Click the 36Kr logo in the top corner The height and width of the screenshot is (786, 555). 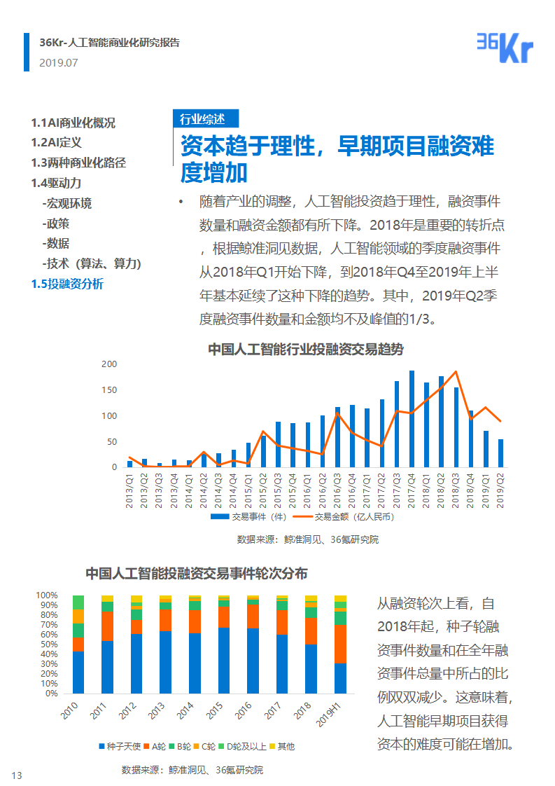(505, 47)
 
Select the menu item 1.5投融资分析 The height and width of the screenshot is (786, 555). (66, 284)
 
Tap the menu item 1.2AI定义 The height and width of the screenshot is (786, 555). (56, 142)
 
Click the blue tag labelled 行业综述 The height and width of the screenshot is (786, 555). (206, 118)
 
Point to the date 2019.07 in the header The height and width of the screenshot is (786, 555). (59, 62)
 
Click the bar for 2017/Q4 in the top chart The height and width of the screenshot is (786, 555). (412, 419)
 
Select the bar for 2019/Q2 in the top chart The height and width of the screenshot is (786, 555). (500, 453)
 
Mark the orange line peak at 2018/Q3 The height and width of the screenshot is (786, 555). (456, 372)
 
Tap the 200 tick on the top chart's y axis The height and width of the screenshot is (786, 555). (108, 364)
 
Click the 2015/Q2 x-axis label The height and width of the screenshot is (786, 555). (263, 484)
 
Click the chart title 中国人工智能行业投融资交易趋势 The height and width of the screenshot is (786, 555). (306, 350)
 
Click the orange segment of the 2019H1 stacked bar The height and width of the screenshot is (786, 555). (339, 644)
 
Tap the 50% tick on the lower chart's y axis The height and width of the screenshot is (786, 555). (48, 644)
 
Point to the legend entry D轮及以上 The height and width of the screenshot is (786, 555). (244, 746)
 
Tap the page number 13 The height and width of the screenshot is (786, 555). (17, 775)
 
